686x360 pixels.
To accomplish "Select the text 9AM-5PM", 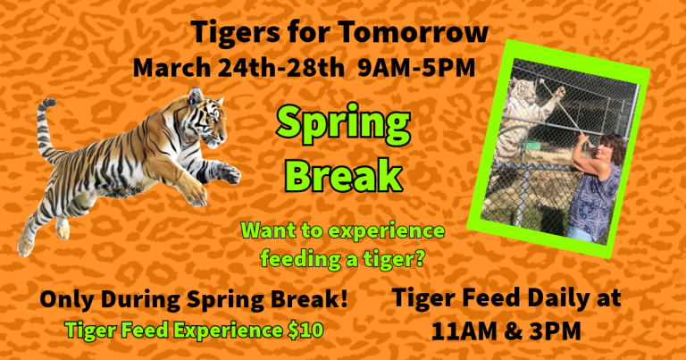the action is click(x=416, y=68).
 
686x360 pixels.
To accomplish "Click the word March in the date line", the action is click(x=171, y=68).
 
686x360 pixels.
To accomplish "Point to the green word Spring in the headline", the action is click(x=343, y=125).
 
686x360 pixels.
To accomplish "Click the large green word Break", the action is click(x=344, y=174).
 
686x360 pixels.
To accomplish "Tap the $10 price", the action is click(x=305, y=330).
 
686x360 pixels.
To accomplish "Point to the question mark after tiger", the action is click(x=419, y=258).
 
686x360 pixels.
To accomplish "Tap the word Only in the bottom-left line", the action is click(x=66, y=299).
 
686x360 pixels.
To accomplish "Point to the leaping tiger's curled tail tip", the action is click(x=47, y=103).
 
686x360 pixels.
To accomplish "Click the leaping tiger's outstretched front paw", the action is click(x=229, y=173).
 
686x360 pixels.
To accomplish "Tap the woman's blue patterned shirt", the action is click(x=594, y=197).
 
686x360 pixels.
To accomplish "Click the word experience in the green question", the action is click(x=386, y=231).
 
